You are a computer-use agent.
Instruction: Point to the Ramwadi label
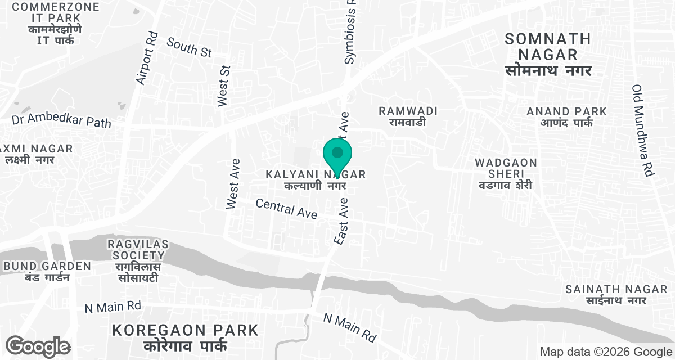point(408,116)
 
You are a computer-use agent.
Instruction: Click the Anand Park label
point(566,117)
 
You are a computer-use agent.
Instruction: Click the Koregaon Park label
point(186,337)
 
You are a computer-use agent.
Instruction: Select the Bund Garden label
point(47,271)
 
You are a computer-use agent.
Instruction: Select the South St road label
point(189,47)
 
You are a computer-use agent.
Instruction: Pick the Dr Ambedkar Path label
point(61,120)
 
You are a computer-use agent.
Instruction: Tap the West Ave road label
point(233,184)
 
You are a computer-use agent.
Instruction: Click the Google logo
point(38,345)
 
